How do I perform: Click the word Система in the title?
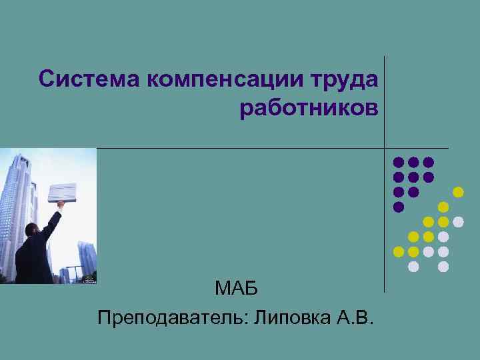point(90,79)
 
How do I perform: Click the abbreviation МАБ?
point(236,289)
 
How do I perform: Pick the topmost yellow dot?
point(458,192)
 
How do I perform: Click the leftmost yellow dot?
point(399,251)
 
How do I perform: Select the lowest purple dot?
point(399,207)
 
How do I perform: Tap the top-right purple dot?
point(429,162)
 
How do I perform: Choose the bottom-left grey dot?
point(413,267)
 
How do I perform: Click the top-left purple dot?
point(399,162)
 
